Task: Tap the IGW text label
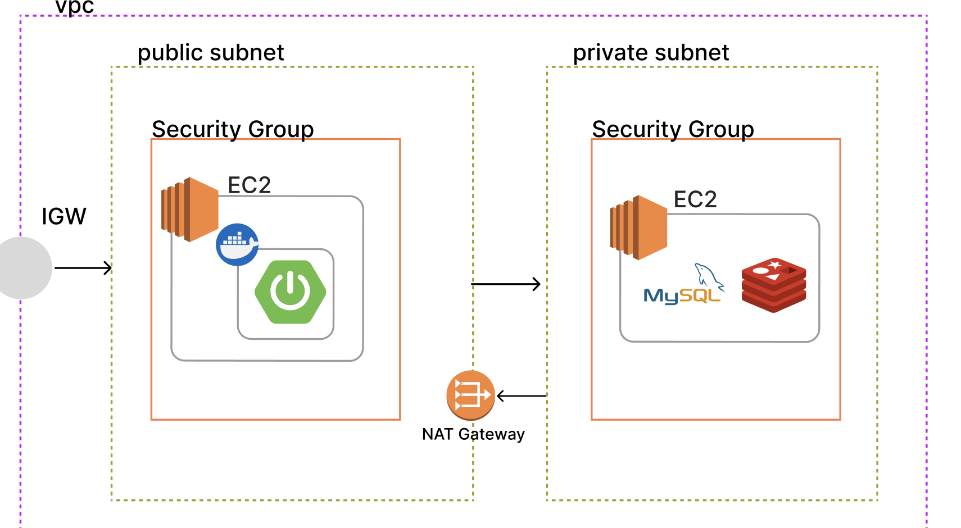click(64, 216)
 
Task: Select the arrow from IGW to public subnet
click(83, 268)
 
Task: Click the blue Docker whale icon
click(237, 244)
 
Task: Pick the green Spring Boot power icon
click(290, 292)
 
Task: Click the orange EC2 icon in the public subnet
click(190, 210)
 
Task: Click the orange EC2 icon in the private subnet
click(639, 227)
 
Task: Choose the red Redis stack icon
click(774, 285)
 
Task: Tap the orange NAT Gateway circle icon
click(470, 395)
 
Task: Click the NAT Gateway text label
click(473, 434)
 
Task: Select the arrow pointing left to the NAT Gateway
click(522, 396)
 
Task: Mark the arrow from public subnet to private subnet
click(506, 284)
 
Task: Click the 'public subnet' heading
click(211, 53)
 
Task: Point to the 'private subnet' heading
click(651, 53)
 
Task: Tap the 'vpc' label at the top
click(75, 7)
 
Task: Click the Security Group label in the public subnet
click(233, 129)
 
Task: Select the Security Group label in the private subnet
click(673, 129)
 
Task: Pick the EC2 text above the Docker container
click(249, 185)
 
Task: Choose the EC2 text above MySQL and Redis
click(695, 199)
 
